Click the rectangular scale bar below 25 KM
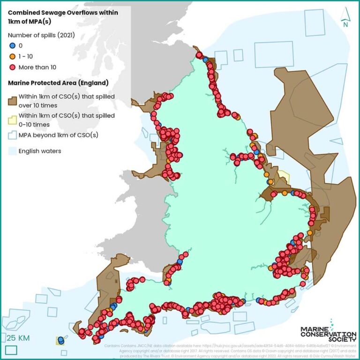pyautogui.click(x=11, y=349)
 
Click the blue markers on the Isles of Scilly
pyautogui.click(x=60, y=340)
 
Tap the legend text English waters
pyautogui.click(x=40, y=151)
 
